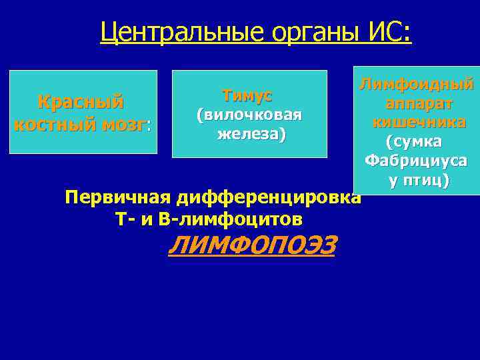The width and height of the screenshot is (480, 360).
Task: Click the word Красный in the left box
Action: [x=81, y=103]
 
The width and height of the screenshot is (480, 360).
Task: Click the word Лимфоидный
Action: [x=417, y=85]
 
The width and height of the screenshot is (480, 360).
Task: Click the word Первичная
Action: [x=118, y=198]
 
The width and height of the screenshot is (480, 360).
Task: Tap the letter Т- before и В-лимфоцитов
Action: [x=123, y=219]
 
